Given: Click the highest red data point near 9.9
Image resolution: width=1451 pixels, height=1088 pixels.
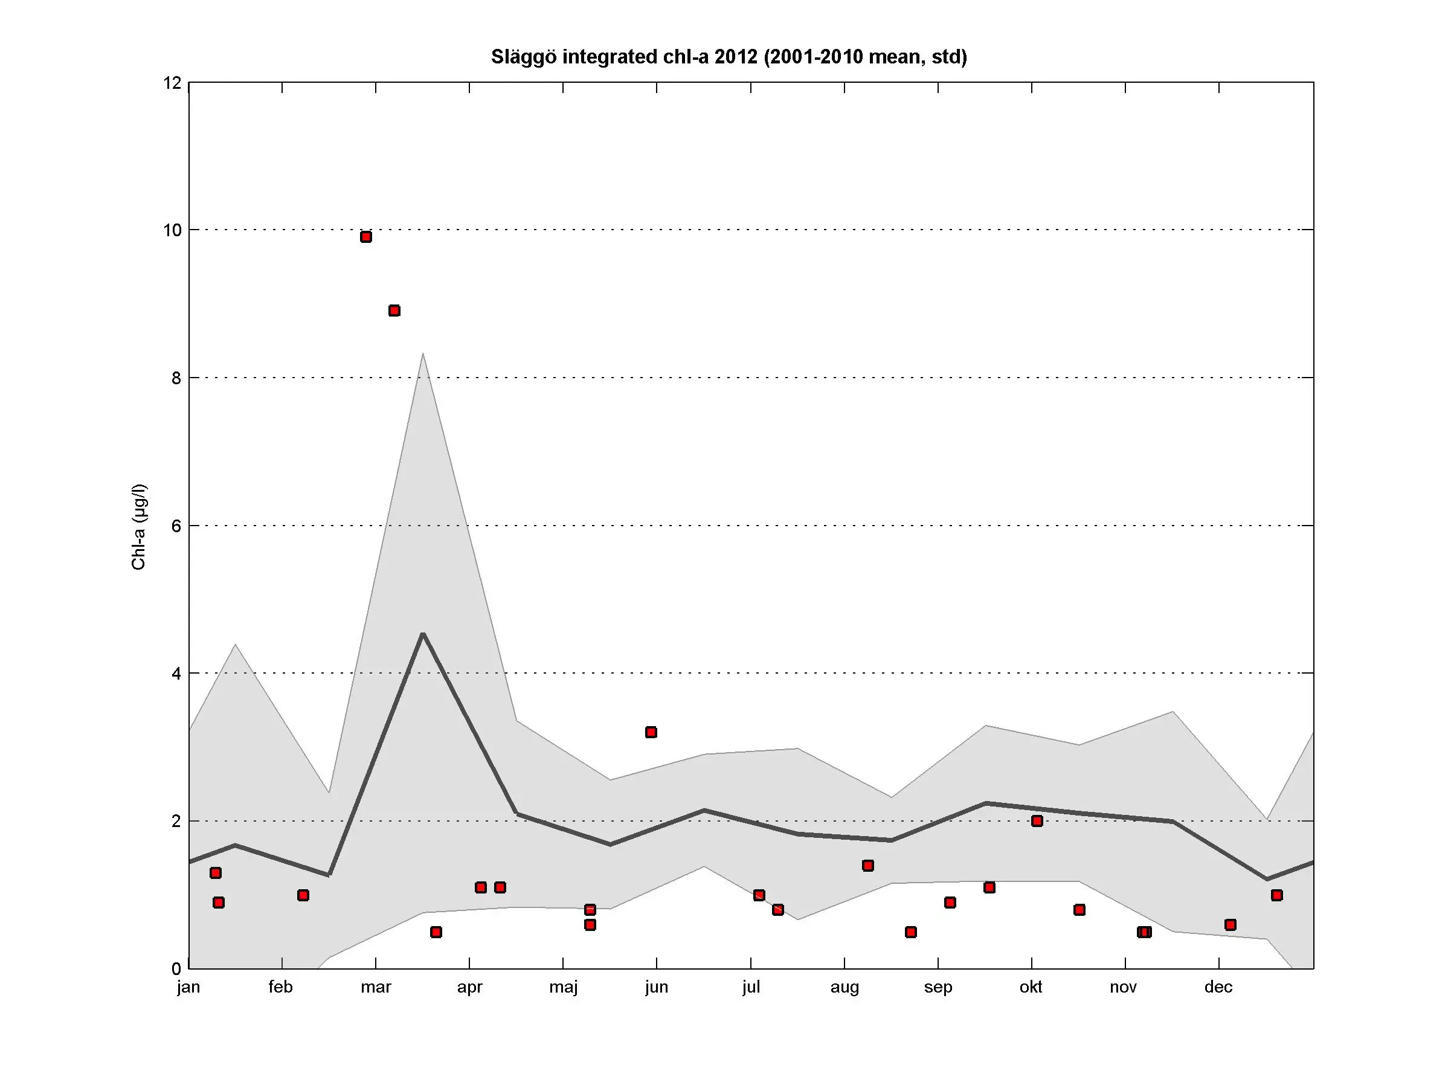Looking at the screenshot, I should click(x=366, y=237).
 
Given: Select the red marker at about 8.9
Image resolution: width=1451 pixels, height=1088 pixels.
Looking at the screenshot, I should click(x=394, y=310).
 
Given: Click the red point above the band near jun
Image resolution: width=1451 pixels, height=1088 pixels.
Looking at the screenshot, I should click(x=651, y=732).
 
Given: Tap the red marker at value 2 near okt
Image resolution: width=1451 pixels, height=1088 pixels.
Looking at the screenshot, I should click(x=1037, y=820).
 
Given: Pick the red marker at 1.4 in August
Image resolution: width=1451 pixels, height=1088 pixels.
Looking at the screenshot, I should click(x=868, y=865).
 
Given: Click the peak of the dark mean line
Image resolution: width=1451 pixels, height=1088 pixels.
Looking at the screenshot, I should click(x=423, y=634).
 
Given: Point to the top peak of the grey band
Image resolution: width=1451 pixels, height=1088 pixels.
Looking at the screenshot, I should click(x=423, y=354).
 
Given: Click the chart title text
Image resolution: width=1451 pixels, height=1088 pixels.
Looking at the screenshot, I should click(x=729, y=57).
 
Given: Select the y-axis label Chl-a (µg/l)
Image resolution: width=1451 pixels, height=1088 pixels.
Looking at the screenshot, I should click(x=138, y=527).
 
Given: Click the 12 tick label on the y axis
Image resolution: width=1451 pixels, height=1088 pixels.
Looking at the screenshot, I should click(x=173, y=83).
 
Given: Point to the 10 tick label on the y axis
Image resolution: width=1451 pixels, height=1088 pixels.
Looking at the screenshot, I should click(x=173, y=230).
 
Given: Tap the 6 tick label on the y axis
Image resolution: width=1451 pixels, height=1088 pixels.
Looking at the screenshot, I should click(x=176, y=526).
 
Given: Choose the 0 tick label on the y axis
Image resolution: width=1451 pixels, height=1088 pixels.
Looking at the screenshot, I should click(x=176, y=968).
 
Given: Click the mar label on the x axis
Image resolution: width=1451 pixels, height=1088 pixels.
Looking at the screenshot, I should click(x=375, y=987).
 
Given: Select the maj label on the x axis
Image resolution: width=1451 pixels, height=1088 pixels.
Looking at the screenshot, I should click(x=563, y=988).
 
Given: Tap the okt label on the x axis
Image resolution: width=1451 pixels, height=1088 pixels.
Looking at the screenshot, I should click(x=1031, y=987).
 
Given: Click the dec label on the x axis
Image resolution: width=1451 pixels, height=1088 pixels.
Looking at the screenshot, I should click(x=1218, y=987).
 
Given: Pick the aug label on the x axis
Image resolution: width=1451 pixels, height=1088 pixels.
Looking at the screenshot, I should click(x=845, y=988).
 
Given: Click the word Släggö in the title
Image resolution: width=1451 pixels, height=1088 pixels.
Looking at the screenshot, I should click(x=524, y=57).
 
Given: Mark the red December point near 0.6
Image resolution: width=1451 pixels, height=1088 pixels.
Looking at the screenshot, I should click(x=1231, y=925).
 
